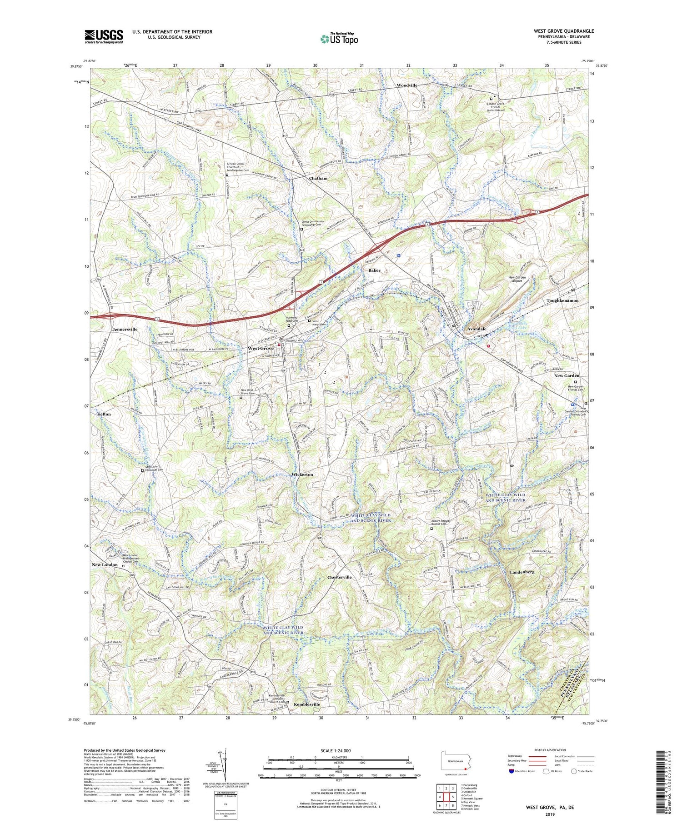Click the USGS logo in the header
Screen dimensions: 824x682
tap(104, 36)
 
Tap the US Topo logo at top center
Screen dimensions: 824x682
tap(339, 39)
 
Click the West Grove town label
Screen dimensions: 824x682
tap(261, 348)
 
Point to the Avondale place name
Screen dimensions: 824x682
tap(476, 329)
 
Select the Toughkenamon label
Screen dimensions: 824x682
tap(562, 301)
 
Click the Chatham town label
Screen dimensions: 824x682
tap(318, 179)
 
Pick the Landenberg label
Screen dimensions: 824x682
tap(522, 572)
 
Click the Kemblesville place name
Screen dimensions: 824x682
tap(307, 704)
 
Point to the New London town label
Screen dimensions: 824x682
tap(105, 565)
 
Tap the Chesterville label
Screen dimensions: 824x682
tap(340, 577)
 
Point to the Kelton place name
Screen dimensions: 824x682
tap(104, 414)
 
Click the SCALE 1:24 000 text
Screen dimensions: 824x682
tap(338, 750)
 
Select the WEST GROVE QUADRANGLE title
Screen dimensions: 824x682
tap(564, 31)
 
